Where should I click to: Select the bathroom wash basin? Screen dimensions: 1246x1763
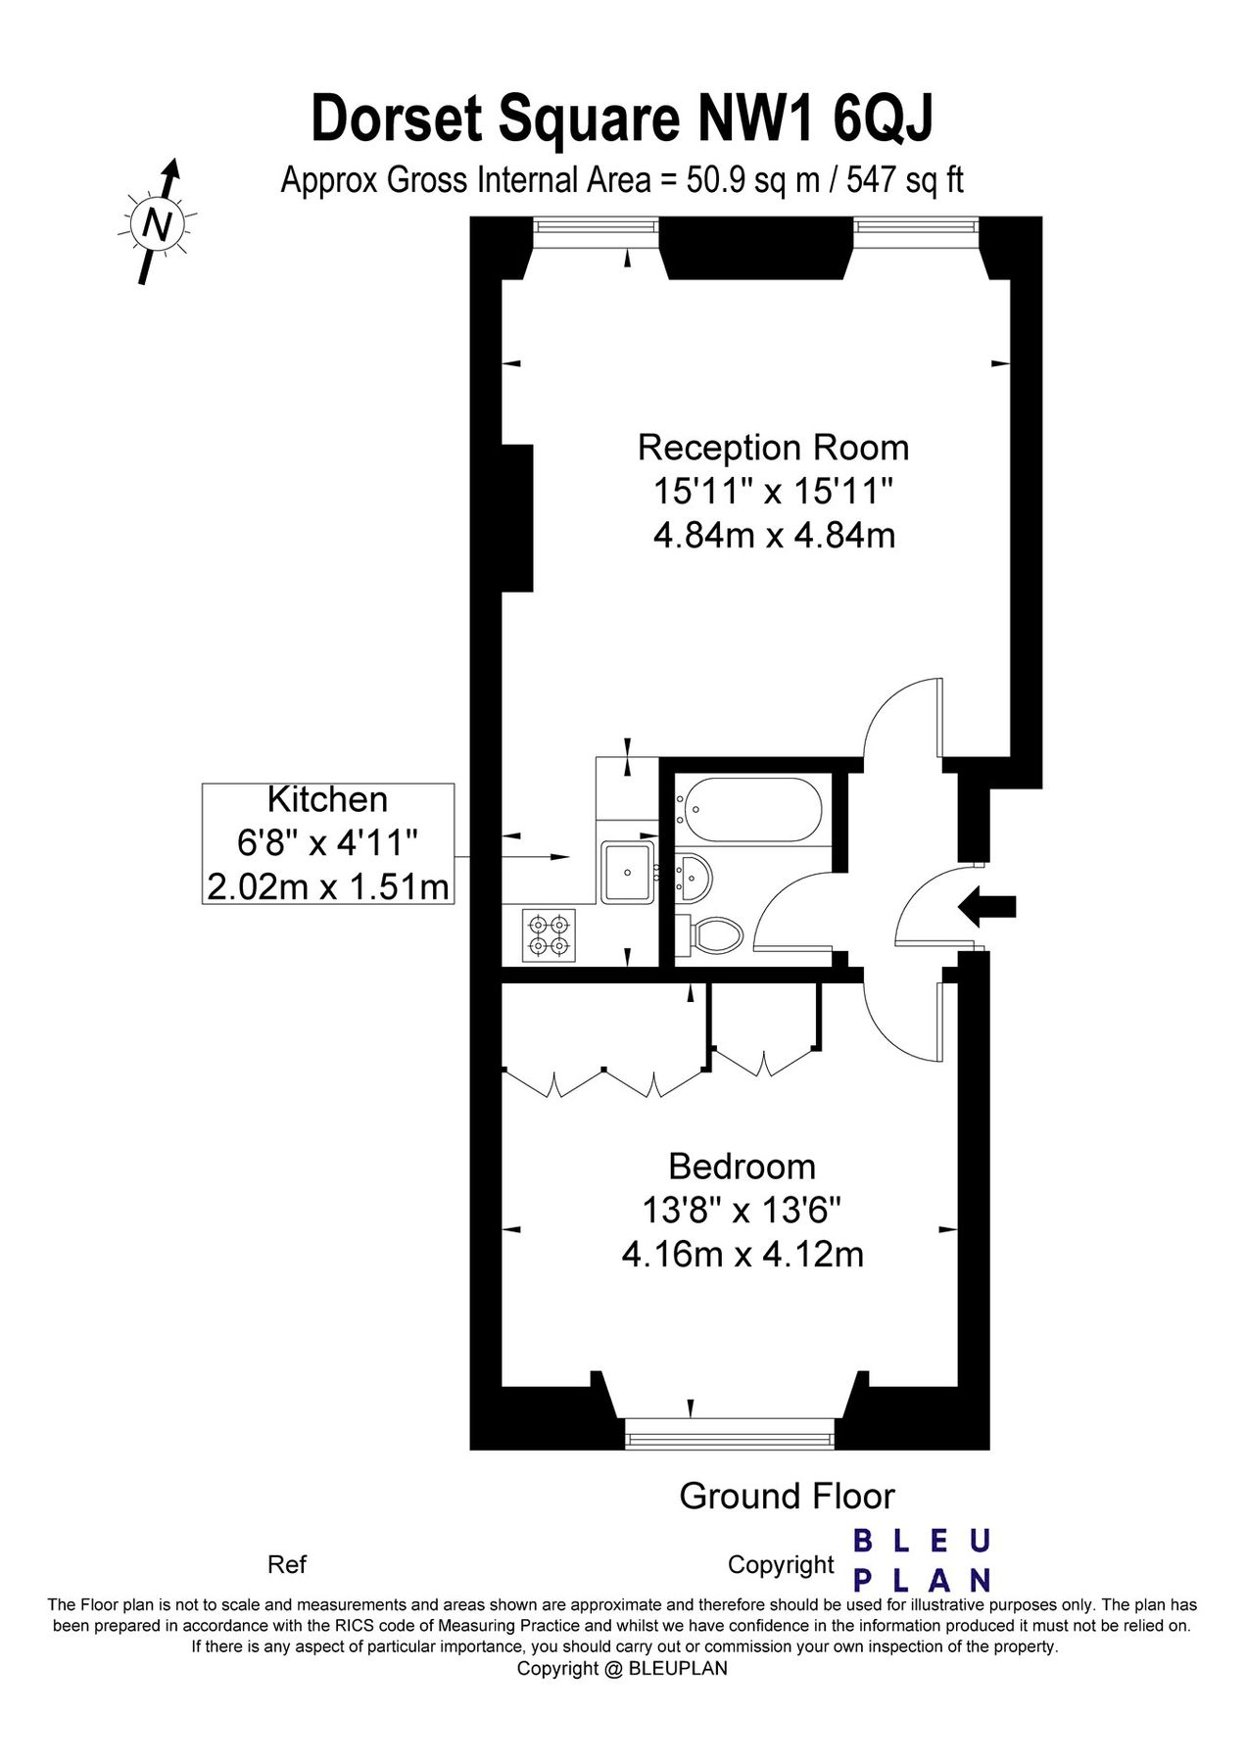[695, 875]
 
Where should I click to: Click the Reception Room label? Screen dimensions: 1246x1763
[774, 448]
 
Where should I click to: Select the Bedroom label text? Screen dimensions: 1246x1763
[743, 1167]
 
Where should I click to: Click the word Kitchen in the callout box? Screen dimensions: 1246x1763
[328, 800]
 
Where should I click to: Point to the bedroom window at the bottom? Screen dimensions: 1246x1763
[731, 1439]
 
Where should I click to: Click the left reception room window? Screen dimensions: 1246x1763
[597, 226]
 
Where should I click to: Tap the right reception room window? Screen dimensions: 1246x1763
[917, 226]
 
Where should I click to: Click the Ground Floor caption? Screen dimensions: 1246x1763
[787, 1497]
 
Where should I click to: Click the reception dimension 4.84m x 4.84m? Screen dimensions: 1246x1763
[774, 536]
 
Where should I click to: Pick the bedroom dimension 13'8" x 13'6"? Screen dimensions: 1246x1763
[743, 1212]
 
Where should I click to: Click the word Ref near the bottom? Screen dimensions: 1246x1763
[287, 1564]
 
